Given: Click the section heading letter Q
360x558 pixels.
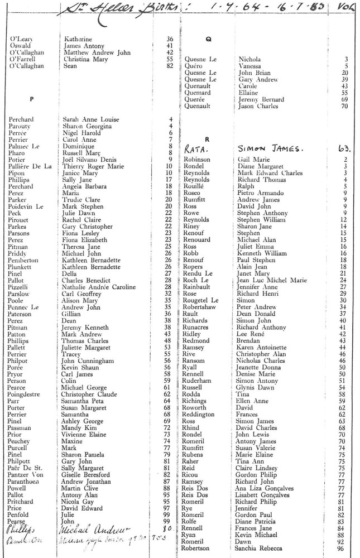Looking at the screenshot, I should click(208, 39).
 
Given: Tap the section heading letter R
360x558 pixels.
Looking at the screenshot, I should click(207, 139).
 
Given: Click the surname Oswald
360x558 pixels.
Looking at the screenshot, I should click(21, 46).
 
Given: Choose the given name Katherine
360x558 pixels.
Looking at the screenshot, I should click(78, 39).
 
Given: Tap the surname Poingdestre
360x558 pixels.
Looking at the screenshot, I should click(28, 394).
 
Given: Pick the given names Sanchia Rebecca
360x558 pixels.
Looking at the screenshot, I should click(261, 548).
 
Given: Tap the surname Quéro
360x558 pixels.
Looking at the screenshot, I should click(194, 66).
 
